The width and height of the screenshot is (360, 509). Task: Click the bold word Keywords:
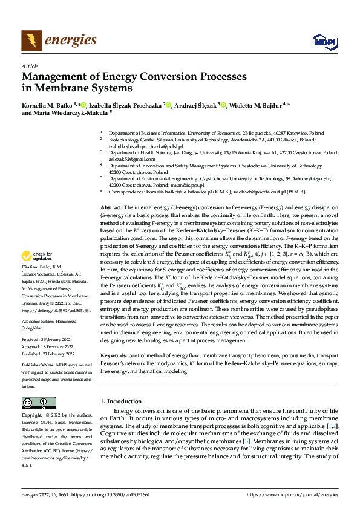click(113, 356)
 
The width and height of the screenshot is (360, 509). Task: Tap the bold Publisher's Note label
click(37, 366)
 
